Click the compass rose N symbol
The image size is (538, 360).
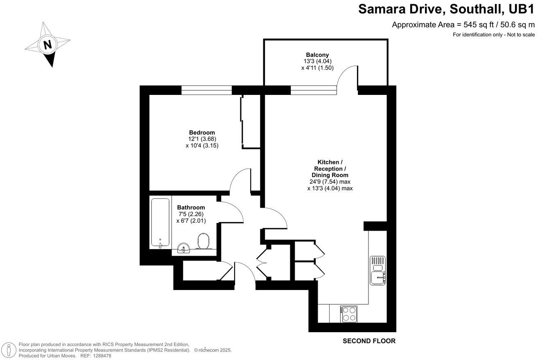click(x=47, y=44)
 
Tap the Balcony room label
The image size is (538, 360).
click(x=317, y=55)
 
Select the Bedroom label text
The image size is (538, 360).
click(x=202, y=133)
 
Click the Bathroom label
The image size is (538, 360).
click(x=191, y=207)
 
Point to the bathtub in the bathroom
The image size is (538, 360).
click(x=160, y=223)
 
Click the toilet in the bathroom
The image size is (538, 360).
click(x=203, y=241)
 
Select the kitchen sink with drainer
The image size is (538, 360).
click(x=378, y=270)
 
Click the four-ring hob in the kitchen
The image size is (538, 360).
click(x=348, y=314)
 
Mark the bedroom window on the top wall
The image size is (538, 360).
click(x=207, y=90)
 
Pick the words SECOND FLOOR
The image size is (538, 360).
click(x=369, y=341)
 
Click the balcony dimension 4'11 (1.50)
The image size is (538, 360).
click(x=317, y=67)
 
